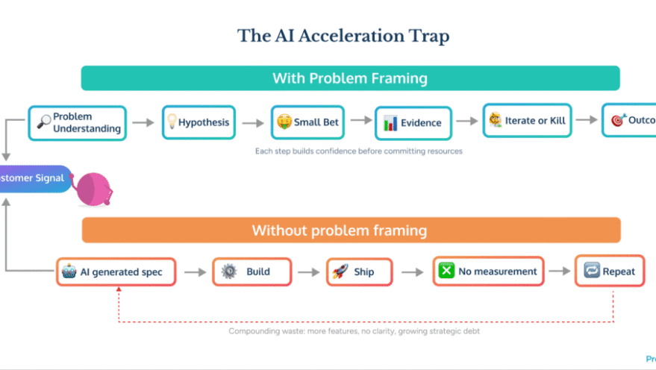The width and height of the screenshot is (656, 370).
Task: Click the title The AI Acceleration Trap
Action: [343, 35]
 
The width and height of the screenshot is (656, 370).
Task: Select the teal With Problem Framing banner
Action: [350, 78]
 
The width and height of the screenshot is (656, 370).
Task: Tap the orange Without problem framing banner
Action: [350, 231]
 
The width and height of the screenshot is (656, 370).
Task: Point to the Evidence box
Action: [413, 122]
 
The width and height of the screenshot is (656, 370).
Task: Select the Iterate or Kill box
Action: [528, 120]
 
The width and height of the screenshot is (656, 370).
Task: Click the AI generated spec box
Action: [116, 272]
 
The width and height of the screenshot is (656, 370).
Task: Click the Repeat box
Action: [610, 272]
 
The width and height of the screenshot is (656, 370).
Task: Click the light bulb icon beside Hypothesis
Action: [172, 122]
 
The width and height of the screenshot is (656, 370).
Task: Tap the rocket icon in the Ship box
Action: [340, 272]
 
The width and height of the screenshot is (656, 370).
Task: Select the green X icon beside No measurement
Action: [446, 272]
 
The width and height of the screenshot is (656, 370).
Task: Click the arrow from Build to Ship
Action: [307, 272]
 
